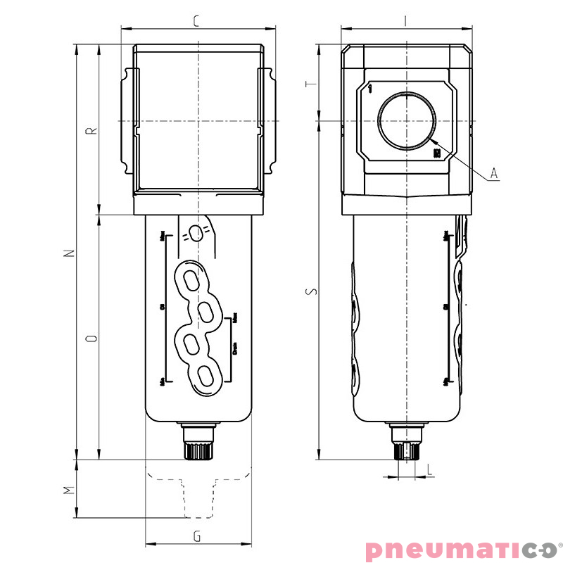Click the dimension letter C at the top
tap(196, 21)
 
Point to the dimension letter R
tap(90, 130)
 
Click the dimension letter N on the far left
tap(68, 253)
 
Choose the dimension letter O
tap(90, 339)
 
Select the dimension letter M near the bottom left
tap(68, 490)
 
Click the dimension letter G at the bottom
tap(197, 537)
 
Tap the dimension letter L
tap(429, 467)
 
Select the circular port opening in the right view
tap(406, 121)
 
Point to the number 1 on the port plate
tap(370, 89)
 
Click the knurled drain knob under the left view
tap(198, 449)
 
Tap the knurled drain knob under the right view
tap(407, 449)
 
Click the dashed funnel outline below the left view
tap(198, 493)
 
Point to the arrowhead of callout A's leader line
tap(427, 141)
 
